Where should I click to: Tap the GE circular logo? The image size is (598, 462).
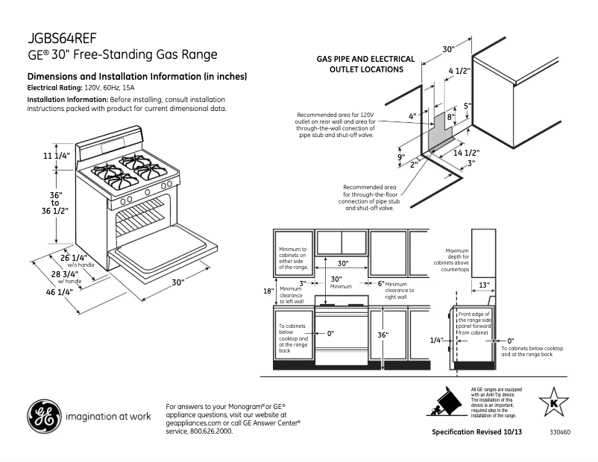point(44,417)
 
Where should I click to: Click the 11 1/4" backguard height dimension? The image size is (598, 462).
point(56,156)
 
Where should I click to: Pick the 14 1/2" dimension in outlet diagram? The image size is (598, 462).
point(466,152)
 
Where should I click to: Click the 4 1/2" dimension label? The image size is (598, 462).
point(459,72)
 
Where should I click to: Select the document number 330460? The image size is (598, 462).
point(560,432)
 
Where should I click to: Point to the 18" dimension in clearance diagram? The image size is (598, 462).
point(268,291)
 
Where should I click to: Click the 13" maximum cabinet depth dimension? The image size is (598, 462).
point(484,285)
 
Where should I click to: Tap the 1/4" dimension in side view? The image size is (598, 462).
point(437,340)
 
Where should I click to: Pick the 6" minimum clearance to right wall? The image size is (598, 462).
point(380,284)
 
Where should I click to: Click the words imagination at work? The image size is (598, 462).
point(109,417)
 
